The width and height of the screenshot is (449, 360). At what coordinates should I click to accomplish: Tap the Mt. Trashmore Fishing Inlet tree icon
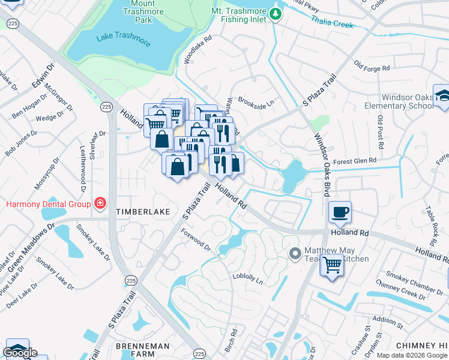click(x=276, y=13)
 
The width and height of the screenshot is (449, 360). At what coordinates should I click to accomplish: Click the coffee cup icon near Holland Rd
click(x=340, y=212)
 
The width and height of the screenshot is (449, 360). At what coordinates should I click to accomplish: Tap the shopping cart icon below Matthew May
click(x=331, y=264)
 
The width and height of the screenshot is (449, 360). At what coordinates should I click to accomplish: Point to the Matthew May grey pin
click(x=295, y=254)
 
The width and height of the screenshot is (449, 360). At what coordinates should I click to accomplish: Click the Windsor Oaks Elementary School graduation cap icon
click(x=442, y=96)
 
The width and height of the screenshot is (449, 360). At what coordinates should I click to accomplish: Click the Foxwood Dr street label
click(x=196, y=239)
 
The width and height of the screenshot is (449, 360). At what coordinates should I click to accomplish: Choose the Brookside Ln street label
click(x=256, y=101)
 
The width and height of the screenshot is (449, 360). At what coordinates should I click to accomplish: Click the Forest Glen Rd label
click(x=355, y=160)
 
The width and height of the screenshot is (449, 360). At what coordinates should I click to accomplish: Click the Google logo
click(x=20, y=353)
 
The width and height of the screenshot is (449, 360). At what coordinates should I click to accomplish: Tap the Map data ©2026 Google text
click(x=411, y=355)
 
